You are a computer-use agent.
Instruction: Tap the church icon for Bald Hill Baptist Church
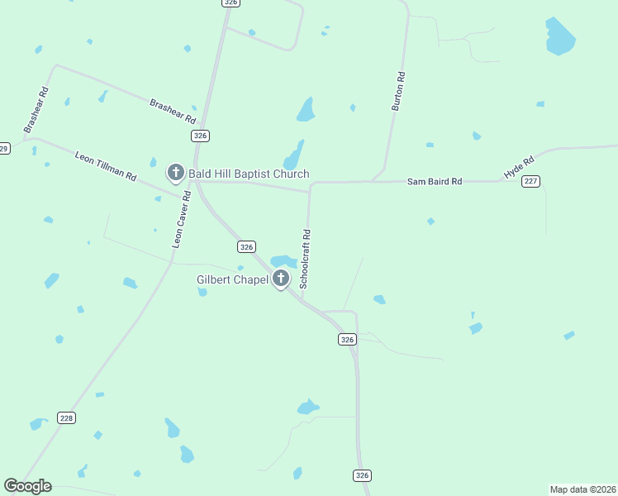(175, 172)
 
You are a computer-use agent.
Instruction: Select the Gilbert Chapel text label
(232, 279)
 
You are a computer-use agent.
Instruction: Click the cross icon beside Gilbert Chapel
(281, 279)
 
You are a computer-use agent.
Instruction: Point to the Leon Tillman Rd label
(105, 165)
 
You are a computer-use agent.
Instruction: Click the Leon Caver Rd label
(181, 220)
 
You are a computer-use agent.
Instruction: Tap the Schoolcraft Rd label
(306, 258)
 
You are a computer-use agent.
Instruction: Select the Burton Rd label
(398, 92)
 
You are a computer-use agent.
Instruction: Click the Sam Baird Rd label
(435, 181)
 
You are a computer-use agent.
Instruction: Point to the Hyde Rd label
(520, 167)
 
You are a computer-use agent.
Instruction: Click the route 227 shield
(531, 181)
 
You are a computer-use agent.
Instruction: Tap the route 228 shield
(67, 418)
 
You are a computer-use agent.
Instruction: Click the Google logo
(27, 486)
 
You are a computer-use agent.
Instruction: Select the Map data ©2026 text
(582, 489)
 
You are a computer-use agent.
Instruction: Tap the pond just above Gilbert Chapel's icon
(283, 261)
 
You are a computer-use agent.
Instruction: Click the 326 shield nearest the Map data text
(362, 475)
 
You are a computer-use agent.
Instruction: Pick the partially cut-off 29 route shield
(4, 149)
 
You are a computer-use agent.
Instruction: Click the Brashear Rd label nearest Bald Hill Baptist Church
(171, 111)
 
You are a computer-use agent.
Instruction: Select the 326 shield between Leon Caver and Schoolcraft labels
(246, 246)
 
